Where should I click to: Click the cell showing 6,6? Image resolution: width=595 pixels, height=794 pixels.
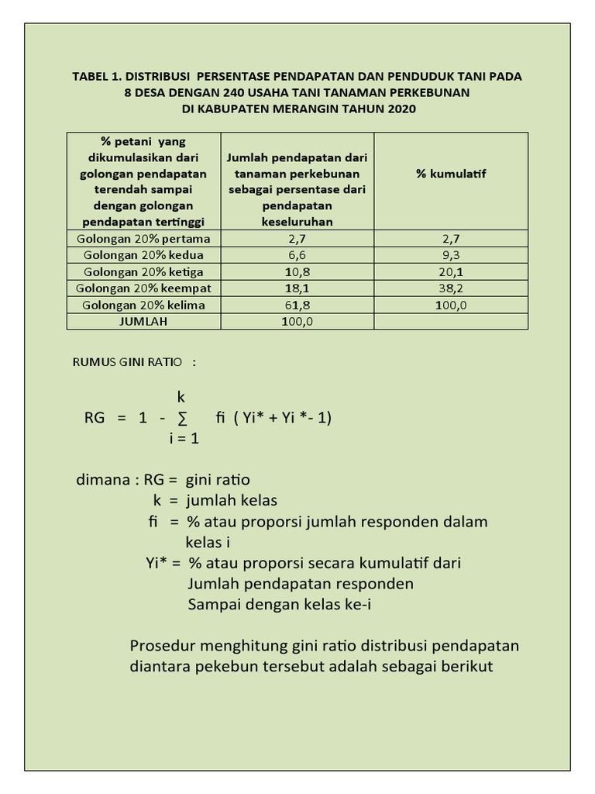[x=297, y=255]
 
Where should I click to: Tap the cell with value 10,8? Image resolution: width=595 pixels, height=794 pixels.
[x=297, y=271]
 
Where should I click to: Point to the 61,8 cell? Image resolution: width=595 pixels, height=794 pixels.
[x=297, y=305]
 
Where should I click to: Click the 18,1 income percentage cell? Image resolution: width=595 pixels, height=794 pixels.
[x=297, y=288]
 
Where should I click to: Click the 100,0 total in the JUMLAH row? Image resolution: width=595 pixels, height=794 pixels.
[x=297, y=321]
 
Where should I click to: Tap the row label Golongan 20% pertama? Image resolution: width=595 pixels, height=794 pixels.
[x=144, y=239]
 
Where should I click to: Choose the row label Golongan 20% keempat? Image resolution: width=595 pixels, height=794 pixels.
[x=144, y=288]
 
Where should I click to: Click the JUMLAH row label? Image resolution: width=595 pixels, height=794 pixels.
[x=144, y=321]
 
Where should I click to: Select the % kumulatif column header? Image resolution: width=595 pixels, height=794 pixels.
[x=451, y=174]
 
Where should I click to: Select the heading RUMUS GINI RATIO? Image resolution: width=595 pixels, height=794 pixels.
[x=128, y=362]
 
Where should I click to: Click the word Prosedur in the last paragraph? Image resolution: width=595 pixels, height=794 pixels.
[x=163, y=646]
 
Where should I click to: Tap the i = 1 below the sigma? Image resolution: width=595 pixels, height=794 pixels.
[x=184, y=439]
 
